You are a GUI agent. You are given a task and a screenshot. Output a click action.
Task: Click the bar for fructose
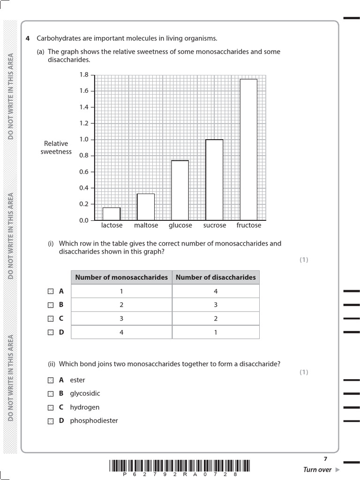248,150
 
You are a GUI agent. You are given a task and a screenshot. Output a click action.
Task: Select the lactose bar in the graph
112,214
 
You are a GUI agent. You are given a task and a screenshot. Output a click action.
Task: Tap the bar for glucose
180,190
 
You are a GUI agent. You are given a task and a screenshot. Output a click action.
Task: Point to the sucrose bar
214,180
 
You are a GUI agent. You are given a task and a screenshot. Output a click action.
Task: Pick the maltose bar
146,207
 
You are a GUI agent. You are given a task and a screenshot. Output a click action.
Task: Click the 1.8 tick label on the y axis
84,75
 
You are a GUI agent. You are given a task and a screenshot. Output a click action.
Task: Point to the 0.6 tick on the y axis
84,172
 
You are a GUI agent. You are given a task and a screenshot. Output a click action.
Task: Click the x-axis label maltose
146,225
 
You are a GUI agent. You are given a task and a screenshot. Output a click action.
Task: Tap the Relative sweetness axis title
56,148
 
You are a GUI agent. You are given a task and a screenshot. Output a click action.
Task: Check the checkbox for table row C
51,319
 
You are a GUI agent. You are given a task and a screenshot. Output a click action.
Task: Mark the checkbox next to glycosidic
51,394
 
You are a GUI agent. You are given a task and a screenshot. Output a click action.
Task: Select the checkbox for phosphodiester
51,421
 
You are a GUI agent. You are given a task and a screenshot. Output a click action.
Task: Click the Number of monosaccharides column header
121,277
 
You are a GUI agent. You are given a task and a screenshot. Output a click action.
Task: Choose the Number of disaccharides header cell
216,277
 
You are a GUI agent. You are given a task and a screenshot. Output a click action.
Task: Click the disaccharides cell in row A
216,291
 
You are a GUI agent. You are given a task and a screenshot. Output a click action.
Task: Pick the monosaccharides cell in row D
121,332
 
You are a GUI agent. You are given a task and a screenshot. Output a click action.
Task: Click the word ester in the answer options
77,380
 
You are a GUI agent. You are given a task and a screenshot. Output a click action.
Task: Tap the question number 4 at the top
28,38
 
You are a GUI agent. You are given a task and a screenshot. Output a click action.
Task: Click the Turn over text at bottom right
318,470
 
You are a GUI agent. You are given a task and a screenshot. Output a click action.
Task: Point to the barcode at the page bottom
180,466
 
